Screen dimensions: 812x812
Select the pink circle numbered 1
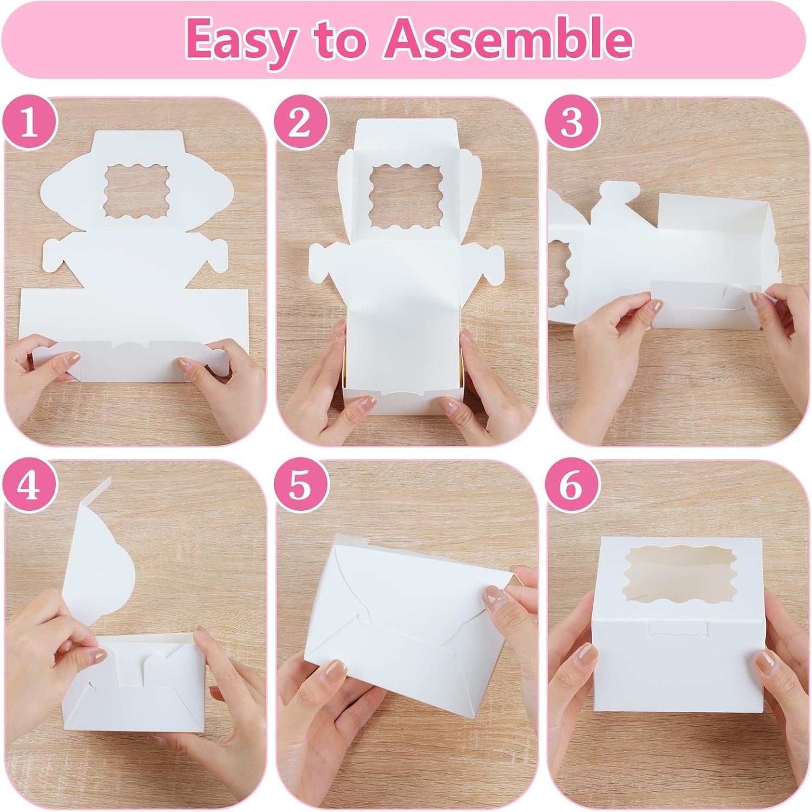coord(30,124)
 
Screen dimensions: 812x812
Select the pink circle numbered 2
coord(301,124)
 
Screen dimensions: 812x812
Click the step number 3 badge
coord(572,124)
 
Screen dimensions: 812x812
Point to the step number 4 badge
coord(30,486)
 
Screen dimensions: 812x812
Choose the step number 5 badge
coord(301,486)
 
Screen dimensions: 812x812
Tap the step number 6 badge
coord(572,486)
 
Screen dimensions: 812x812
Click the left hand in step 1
coord(43,374)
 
